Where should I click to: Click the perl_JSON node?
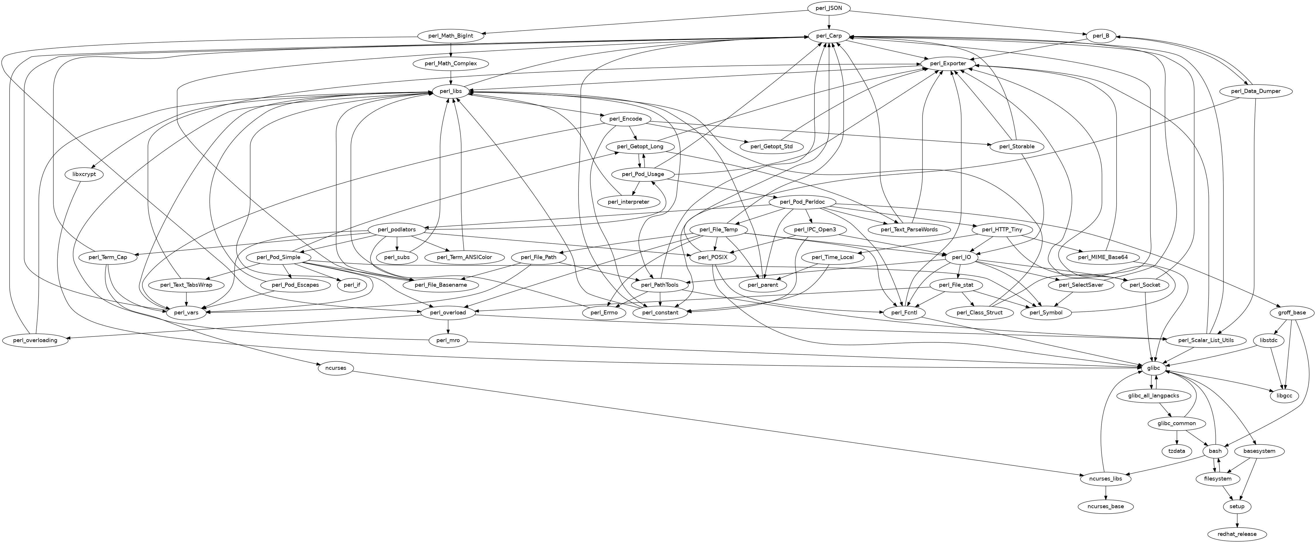coord(829,8)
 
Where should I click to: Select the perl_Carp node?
coord(829,36)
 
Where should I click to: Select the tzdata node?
coord(1176,451)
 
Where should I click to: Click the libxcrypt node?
coord(84,174)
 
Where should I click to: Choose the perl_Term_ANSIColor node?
coord(464,257)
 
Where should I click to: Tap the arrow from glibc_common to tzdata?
coord(1176,437)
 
